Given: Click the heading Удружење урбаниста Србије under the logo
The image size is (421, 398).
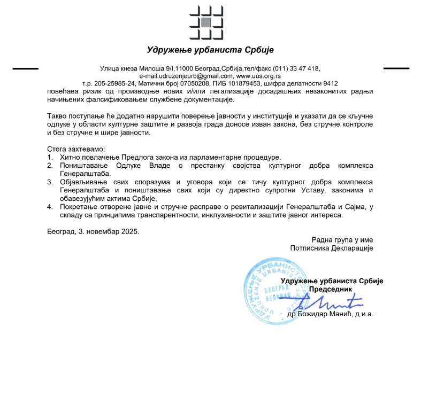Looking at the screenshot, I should (x=210, y=50).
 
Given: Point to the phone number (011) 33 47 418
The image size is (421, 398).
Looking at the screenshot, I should (x=296, y=68).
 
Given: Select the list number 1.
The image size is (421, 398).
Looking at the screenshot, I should (x=50, y=157).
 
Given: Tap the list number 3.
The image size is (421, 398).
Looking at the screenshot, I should (x=50, y=182).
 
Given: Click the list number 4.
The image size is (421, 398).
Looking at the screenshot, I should (x=50, y=207).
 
